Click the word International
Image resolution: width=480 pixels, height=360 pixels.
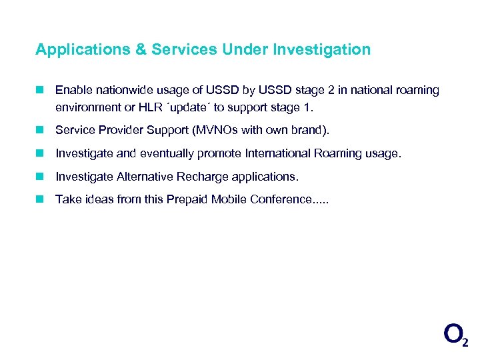276,153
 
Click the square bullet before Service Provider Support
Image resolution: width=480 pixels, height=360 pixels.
41,130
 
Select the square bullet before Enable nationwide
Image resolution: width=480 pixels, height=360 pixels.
41,90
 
